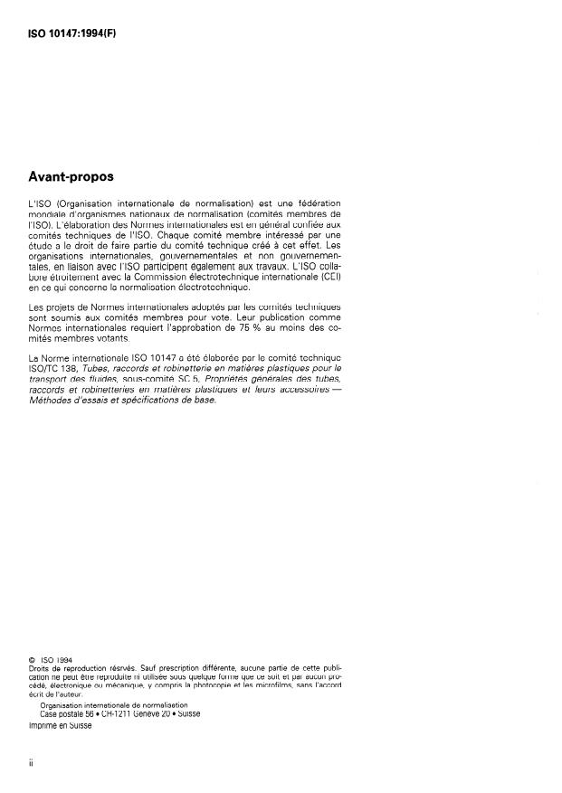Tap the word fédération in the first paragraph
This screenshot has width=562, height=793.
coord(316,203)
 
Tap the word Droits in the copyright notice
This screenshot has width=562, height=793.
coord(39,670)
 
